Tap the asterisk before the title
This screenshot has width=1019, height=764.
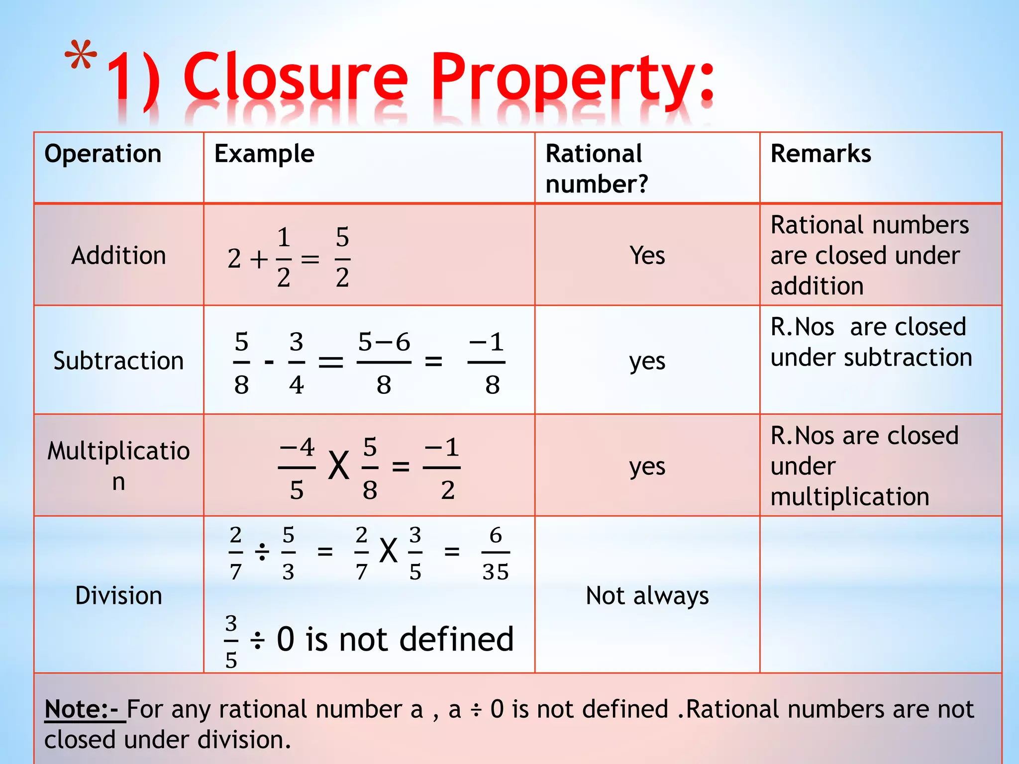click(x=81, y=56)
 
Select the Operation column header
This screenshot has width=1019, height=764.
click(x=103, y=154)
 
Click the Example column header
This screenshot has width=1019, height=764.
click(x=264, y=154)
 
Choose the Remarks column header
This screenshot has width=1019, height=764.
click(x=820, y=154)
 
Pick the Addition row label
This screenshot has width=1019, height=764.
click(x=118, y=256)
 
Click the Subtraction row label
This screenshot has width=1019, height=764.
click(x=118, y=361)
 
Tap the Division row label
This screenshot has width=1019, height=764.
click(x=118, y=595)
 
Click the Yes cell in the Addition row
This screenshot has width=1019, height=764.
click(x=647, y=256)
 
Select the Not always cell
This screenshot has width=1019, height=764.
click(x=647, y=595)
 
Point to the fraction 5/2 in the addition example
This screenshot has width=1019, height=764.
click(x=342, y=258)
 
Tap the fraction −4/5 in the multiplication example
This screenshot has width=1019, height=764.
click(x=297, y=468)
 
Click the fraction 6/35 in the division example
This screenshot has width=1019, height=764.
click(x=496, y=553)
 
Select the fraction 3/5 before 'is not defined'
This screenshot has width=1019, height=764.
click(x=231, y=641)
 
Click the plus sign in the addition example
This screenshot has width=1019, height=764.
click(x=259, y=259)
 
